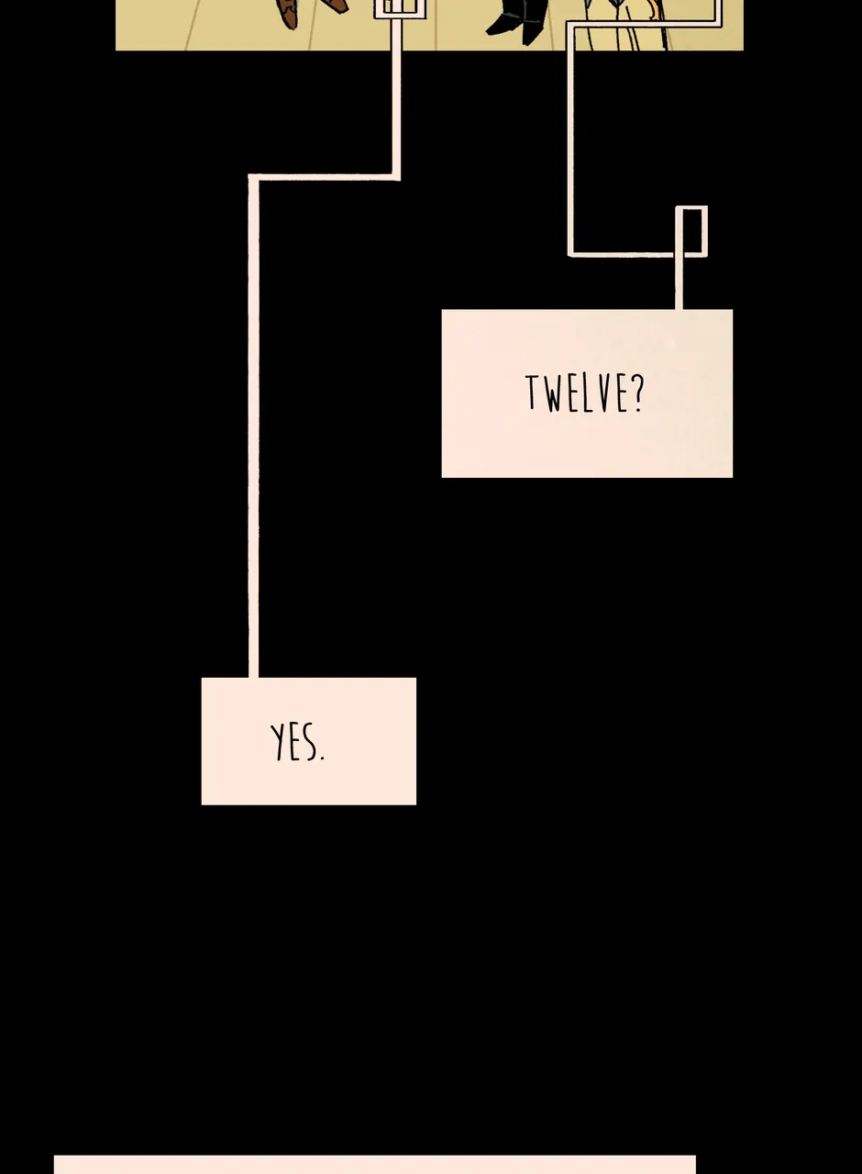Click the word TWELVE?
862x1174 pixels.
pyautogui.click(x=584, y=393)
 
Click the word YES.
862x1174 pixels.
pyautogui.click(x=297, y=741)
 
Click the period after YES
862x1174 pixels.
pyautogui.click(x=321, y=758)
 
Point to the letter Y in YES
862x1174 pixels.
pyautogui.click(x=277, y=742)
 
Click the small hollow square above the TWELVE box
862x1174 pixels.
pyautogui.click(x=691, y=230)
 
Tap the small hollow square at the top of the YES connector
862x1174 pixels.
pyautogui.click(x=399, y=8)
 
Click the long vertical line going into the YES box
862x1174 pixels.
pyautogui.click(x=253, y=427)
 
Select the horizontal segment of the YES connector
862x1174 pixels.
pyautogui.click(x=325, y=177)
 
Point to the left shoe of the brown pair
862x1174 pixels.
pyautogui.click(x=286, y=13)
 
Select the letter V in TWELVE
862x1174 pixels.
pyautogui.click(x=603, y=393)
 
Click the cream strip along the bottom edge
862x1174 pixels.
pyautogui.click(x=375, y=1165)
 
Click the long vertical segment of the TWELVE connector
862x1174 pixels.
pyautogui.click(x=570, y=138)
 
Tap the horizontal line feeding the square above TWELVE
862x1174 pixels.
pyautogui.click(x=624, y=255)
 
